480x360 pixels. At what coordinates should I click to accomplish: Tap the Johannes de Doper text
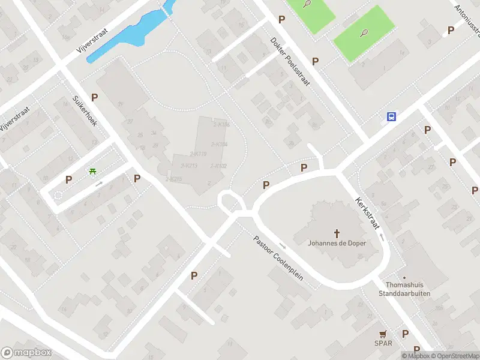click(x=337, y=243)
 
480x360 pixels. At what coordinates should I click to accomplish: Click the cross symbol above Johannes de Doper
click(x=337, y=233)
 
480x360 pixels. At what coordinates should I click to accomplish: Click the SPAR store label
click(x=383, y=344)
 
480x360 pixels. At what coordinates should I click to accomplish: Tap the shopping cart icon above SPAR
click(x=383, y=334)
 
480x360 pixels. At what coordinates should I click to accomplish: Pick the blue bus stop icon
click(x=391, y=117)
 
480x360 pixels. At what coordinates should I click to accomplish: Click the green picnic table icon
click(x=93, y=172)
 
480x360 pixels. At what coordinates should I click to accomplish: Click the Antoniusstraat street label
click(x=466, y=18)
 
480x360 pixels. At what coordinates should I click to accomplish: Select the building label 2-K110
click(x=197, y=154)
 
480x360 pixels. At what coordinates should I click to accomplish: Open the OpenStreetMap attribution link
click(x=455, y=356)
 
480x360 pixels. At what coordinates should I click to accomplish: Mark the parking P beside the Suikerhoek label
click(x=94, y=97)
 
